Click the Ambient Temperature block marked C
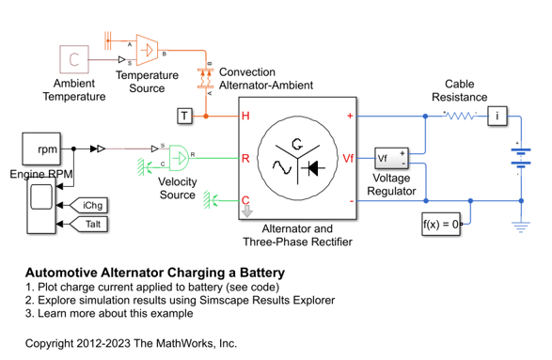[74, 59]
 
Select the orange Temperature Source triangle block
[147, 50]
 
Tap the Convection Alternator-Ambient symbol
[206, 78]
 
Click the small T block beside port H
[185, 116]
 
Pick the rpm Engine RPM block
[41, 149]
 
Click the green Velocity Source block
[179, 158]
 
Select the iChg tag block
[88, 205]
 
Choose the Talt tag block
[88, 224]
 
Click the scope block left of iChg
[41, 206]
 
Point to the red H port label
[245, 116]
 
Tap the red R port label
[245, 158]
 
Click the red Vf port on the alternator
[348, 158]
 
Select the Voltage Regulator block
[391, 158]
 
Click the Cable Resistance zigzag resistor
[460, 116]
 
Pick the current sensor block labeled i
[497, 116]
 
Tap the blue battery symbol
[521, 158]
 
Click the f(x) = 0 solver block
[441, 224]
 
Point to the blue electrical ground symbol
[521, 227]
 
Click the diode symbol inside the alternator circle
[313, 168]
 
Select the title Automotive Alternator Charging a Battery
[155, 273]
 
